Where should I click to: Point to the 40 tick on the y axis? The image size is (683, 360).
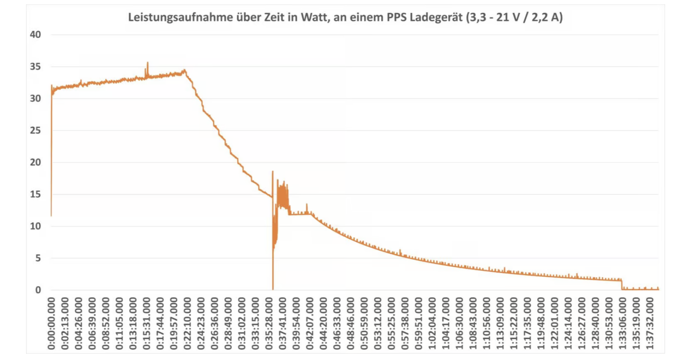(35, 35)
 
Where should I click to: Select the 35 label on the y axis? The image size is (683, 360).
(35, 66)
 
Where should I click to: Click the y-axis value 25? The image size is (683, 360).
(35, 130)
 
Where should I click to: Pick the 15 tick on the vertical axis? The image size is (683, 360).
(35, 194)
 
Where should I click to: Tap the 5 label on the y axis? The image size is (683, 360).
(38, 258)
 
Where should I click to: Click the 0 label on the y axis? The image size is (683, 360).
(38, 290)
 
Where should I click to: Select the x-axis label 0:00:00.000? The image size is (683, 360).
(51, 323)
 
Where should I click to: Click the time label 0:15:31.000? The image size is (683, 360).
(147, 323)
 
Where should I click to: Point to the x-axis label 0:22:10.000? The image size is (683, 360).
(187, 323)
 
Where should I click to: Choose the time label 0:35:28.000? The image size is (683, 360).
(269, 323)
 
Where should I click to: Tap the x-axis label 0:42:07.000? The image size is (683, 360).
(310, 323)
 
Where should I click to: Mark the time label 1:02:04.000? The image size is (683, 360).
(432, 323)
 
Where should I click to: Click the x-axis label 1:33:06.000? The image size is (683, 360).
(623, 323)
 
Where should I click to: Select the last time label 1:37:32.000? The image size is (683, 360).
(650, 323)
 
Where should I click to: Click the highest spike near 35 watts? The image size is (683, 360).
(147, 63)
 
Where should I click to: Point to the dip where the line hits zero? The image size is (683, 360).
(273, 289)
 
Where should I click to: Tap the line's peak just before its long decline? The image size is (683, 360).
(185, 70)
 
